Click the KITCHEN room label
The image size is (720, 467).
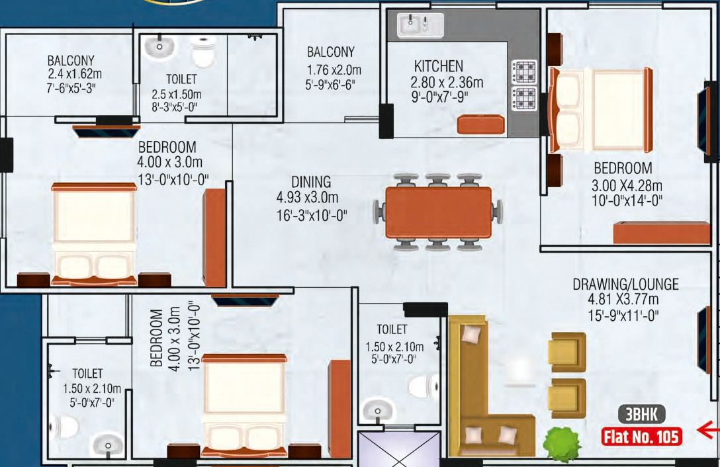[438, 66]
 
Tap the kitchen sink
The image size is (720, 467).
[420, 26]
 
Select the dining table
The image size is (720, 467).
[438, 212]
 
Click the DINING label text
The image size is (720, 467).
[311, 182]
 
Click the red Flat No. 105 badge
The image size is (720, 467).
[641, 437]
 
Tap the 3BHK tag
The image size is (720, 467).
[641, 415]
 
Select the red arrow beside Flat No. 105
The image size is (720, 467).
[708, 431]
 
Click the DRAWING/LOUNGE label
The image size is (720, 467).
[625, 284]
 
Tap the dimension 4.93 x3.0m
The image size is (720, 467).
[307, 198]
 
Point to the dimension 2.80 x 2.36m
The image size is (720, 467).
[446, 83]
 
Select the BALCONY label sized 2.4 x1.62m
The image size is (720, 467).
[71, 61]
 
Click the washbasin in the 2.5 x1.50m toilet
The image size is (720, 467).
[159, 46]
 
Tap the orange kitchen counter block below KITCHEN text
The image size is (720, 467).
[482, 124]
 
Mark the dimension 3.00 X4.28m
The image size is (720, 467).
[627, 185]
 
